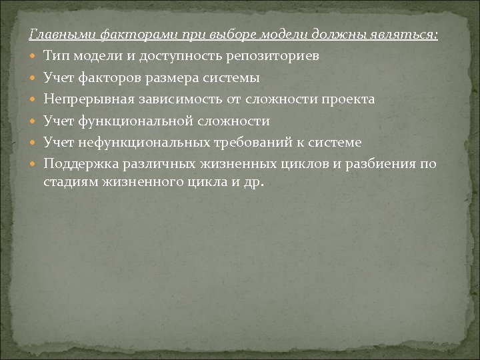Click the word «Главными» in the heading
pyautogui.click(x=58, y=35)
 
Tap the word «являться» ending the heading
pyautogui.click(x=409, y=35)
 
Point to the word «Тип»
pyautogui.click(x=54, y=56)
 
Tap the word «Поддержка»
pyautogui.click(x=75, y=165)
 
